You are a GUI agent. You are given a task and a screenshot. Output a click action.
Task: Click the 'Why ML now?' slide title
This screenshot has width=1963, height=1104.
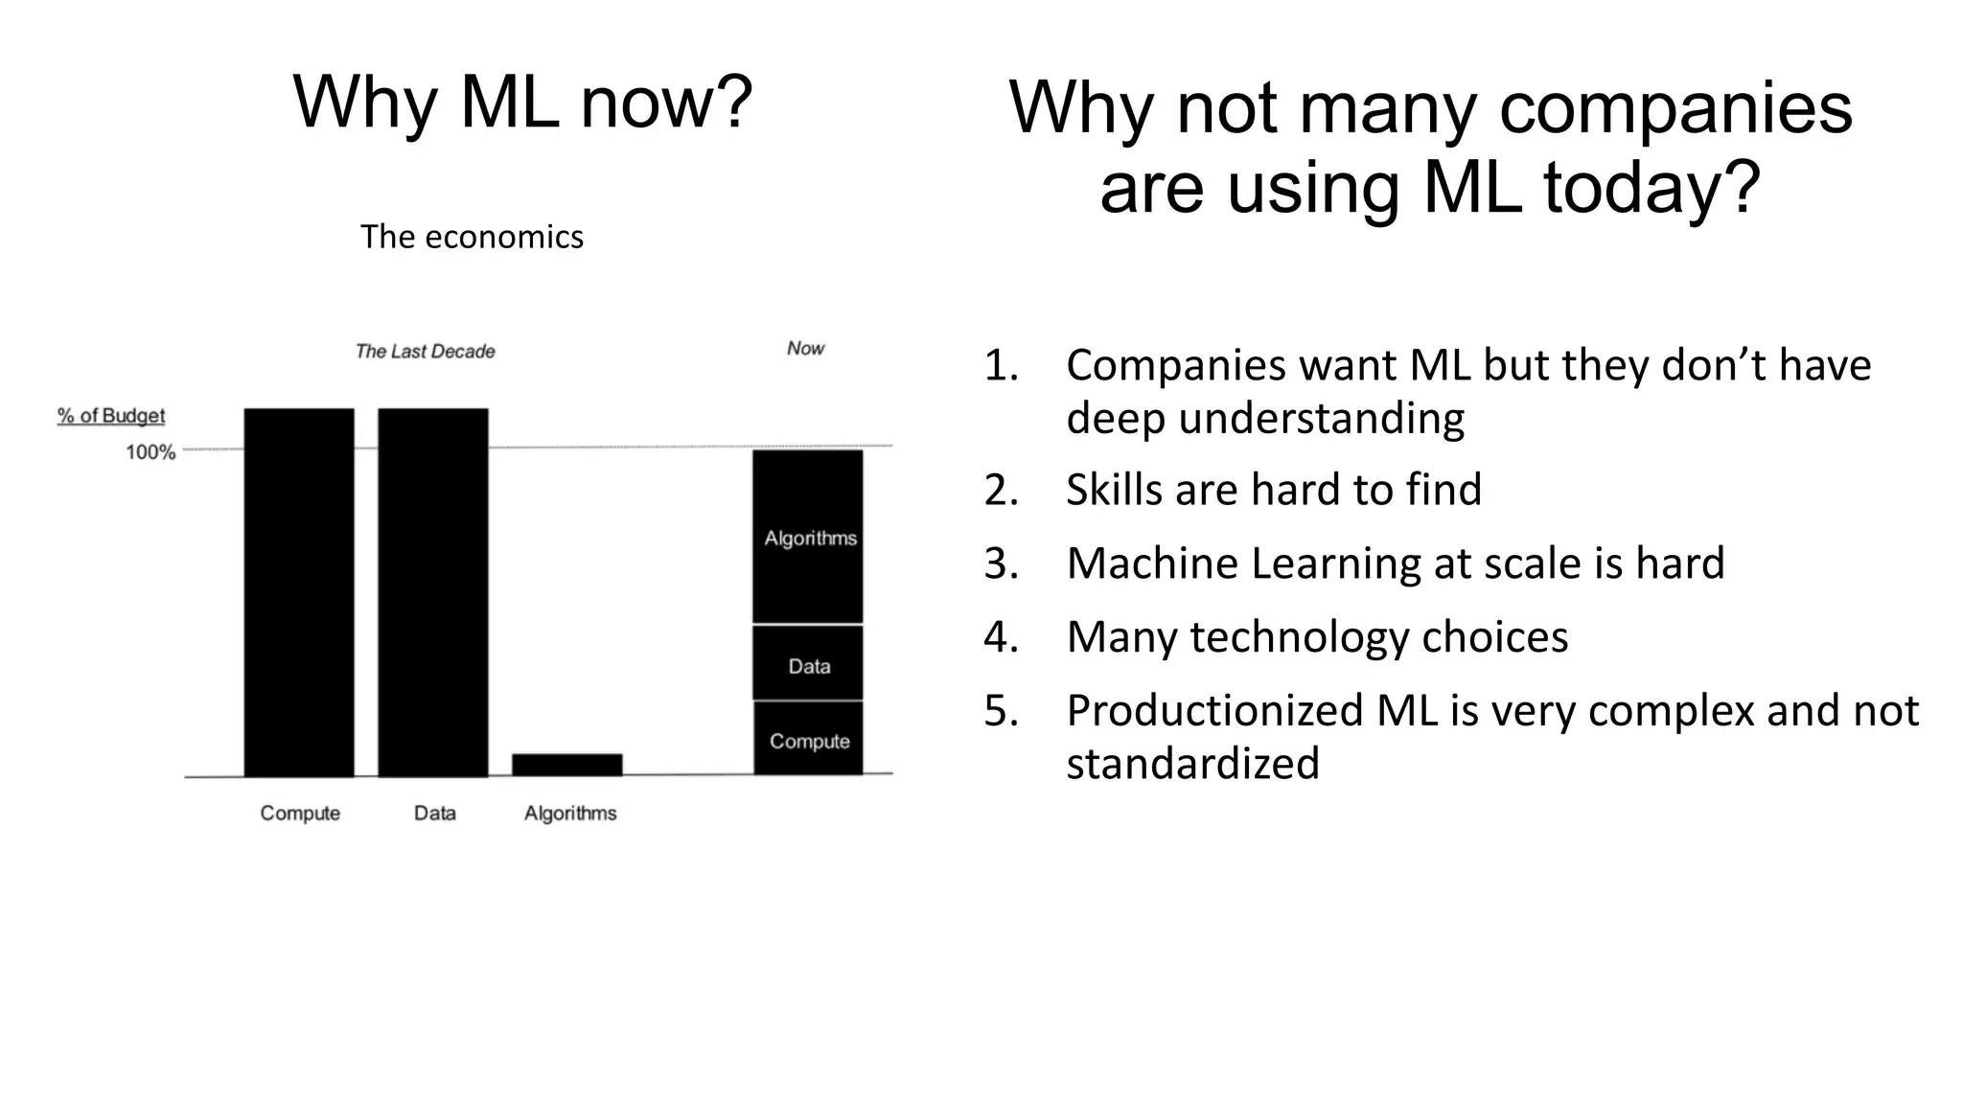(522, 102)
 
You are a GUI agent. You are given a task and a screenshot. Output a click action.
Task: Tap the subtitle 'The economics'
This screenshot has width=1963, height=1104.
(472, 237)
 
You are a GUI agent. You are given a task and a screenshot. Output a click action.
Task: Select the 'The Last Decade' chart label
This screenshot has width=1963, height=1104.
(425, 352)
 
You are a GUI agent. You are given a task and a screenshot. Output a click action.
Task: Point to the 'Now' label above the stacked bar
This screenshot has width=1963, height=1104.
(805, 349)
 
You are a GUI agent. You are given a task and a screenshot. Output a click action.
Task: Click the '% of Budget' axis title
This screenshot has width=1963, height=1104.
(111, 416)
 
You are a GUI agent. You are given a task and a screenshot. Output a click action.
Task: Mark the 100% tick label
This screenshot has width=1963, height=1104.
(150, 452)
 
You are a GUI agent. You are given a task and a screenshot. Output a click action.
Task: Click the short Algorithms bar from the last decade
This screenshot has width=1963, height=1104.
(567, 765)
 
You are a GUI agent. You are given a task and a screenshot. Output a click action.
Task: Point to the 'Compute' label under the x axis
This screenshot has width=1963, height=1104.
(300, 814)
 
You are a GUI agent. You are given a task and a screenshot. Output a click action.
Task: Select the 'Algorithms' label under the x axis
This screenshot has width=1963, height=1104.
(570, 814)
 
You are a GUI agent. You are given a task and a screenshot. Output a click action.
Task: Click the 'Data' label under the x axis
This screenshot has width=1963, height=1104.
(434, 814)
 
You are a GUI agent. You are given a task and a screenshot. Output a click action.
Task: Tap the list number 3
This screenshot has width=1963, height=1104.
(1000, 563)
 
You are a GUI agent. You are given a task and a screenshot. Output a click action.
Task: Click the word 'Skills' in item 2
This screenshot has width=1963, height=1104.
(1113, 490)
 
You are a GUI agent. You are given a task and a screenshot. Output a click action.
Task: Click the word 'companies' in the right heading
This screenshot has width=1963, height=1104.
(1674, 107)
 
